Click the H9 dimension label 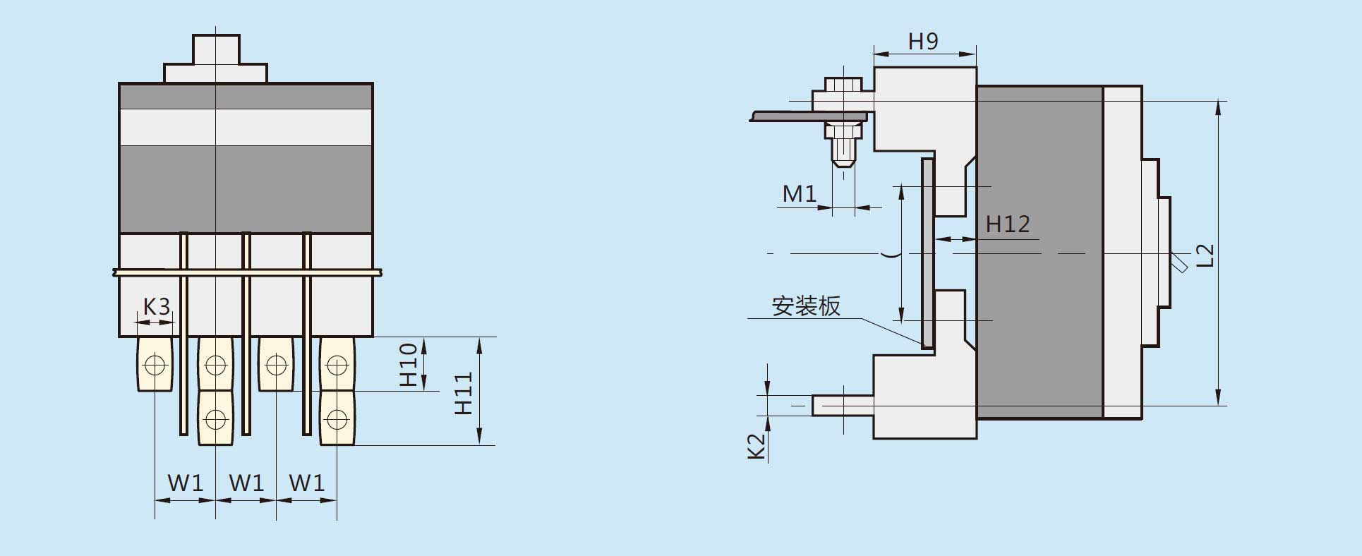click(923, 41)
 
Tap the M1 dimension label click(799, 193)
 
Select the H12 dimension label click(1008, 224)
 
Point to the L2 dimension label click(1206, 255)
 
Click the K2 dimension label click(757, 446)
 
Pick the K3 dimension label click(157, 307)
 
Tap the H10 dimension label click(409, 364)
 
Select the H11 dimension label click(463, 393)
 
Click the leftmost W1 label click(185, 483)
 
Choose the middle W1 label click(246, 483)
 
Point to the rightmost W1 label click(307, 483)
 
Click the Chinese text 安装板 click(806, 306)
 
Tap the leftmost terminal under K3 click(155, 364)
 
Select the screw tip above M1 click(843, 162)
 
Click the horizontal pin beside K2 click(843, 405)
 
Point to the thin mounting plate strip click(927, 253)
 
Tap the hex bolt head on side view click(844, 85)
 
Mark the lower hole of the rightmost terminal click(337, 420)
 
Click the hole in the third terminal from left click(276, 365)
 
